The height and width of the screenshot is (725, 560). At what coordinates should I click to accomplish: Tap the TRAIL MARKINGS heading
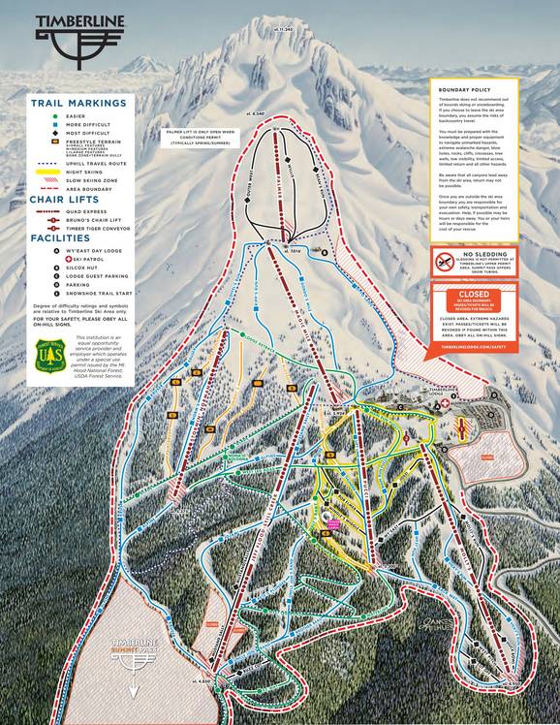[x=69, y=102]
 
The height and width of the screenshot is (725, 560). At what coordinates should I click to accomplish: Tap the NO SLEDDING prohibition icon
[x=442, y=260]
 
